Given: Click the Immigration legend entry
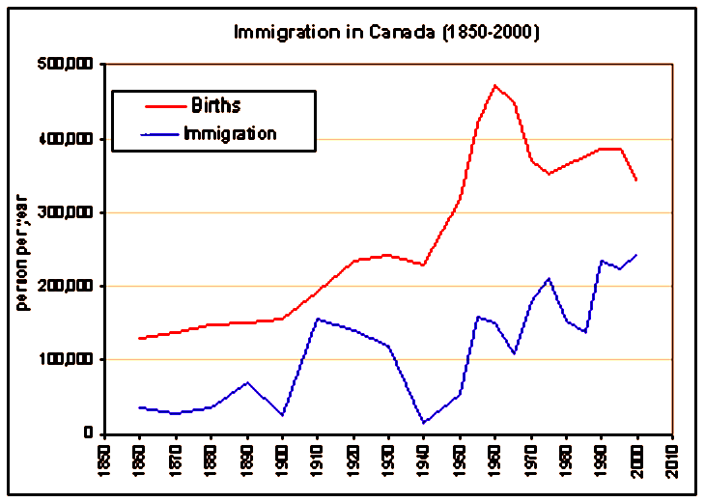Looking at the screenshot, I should point(230,133).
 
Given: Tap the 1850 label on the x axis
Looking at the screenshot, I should point(104,458).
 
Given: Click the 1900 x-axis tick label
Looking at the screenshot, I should point(283,458).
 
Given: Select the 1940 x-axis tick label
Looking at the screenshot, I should point(424,458).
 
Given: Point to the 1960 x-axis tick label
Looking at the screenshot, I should point(495,458).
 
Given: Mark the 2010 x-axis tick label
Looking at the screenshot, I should point(673,458).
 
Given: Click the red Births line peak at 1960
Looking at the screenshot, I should point(495,85).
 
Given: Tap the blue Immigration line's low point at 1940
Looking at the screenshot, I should point(424,422).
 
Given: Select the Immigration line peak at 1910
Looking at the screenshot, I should point(318,319).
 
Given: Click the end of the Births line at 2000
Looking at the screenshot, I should point(636,180).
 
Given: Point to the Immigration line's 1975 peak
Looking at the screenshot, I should point(549,278).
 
